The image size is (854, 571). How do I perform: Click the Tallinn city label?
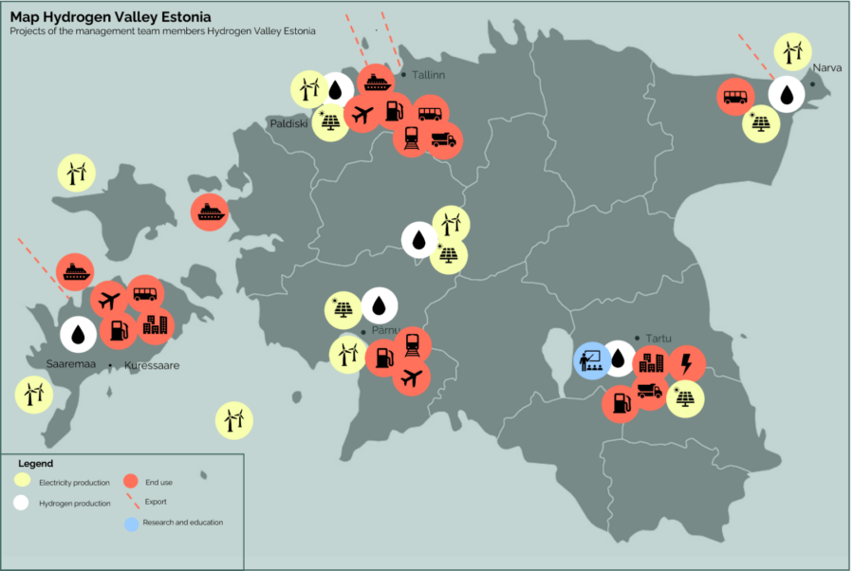pos(429,75)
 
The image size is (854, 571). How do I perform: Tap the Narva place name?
pos(826,67)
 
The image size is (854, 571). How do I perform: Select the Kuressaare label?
pos(151,365)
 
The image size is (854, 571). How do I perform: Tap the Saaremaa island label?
pos(72,364)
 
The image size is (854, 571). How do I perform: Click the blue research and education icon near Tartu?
pos(592,360)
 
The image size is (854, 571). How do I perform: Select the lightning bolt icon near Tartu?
pos(686,364)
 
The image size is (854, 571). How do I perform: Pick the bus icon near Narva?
pos(735,97)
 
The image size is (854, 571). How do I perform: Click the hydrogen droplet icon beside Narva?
pos(787,94)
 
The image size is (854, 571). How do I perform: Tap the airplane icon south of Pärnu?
pos(411,378)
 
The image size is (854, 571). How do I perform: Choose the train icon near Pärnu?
pos(412,345)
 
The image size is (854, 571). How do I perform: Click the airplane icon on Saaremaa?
pos(109,301)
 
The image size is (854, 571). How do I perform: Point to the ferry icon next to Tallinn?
pos(377,83)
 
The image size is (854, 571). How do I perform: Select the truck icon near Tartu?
pos(650,390)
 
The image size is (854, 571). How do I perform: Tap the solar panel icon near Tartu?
pos(685,398)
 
